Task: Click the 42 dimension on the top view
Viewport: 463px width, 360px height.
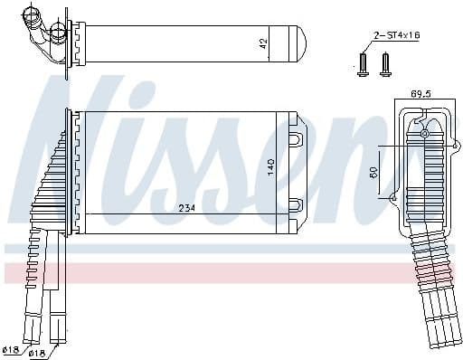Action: coord(263,43)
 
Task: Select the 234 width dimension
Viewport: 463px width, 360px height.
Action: coord(187,208)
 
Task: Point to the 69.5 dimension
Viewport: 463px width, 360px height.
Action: coord(421,93)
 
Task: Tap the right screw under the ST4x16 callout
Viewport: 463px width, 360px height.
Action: coord(385,62)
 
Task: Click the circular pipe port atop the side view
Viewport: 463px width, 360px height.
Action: coord(425,135)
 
